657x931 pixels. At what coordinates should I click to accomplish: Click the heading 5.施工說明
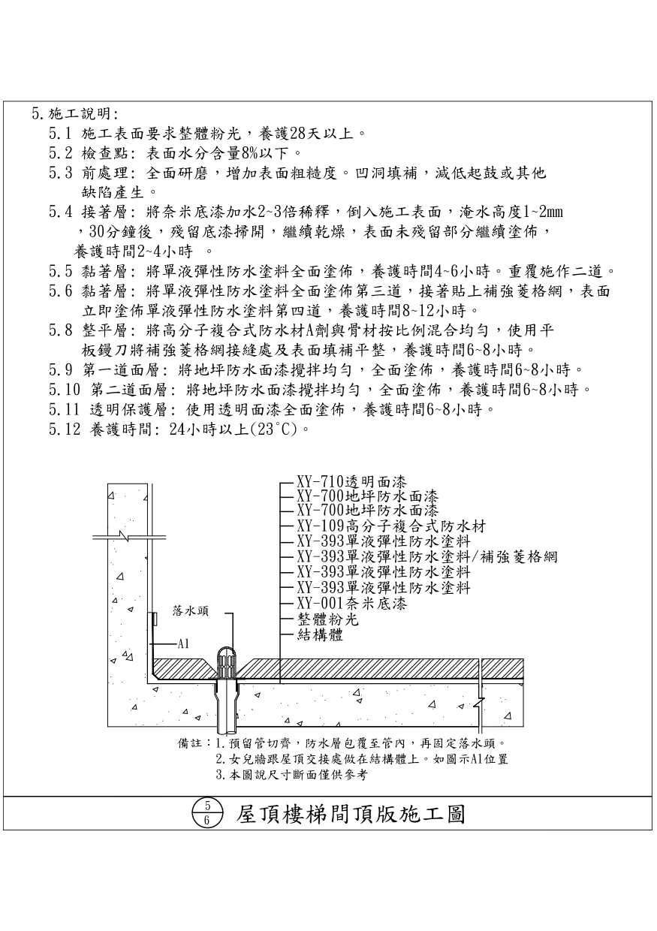(74, 114)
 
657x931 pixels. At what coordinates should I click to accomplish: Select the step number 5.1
(59, 134)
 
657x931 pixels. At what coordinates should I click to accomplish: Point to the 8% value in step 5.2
(249, 154)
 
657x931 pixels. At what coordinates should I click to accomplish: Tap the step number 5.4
(59, 212)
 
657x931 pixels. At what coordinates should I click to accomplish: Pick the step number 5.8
(59, 330)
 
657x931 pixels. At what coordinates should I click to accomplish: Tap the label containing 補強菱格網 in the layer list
(426, 556)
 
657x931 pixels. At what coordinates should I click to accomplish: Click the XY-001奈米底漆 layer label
(351, 602)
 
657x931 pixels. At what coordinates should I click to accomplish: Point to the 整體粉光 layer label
(328, 619)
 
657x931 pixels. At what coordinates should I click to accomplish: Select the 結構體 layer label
(320, 635)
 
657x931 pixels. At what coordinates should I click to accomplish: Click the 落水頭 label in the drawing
(191, 611)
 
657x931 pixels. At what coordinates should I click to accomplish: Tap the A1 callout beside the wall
(182, 643)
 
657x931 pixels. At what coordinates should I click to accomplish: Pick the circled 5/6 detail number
(206, 814)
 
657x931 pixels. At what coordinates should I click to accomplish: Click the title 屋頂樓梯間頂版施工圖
(351, 814)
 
